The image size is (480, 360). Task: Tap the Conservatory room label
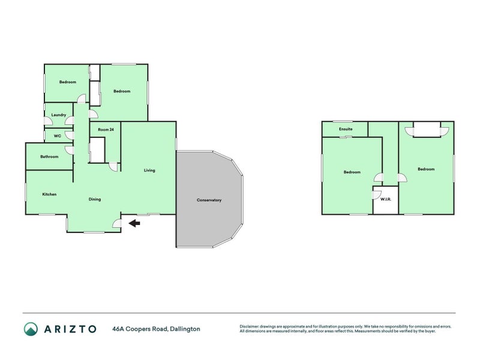point(209,200)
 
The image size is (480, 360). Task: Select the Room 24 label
point(106,130)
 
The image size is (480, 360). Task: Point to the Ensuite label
point(345,129)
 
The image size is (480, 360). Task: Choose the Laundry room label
point(58,115)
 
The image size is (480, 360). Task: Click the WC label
point(58,136)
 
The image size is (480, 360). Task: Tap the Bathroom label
point(49,157)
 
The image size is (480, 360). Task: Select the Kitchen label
point(49,194)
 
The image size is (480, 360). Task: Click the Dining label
point(95,199)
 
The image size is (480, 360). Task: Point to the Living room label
point(149,170)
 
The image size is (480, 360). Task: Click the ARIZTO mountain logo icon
point(31,328)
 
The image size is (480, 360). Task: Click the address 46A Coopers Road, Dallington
point(156,328)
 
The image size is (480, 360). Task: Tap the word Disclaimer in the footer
point(251,326)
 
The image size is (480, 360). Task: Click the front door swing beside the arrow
point(117,225)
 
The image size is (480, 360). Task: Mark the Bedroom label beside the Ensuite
point(352,172)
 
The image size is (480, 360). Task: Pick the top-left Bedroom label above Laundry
point(67,82)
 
